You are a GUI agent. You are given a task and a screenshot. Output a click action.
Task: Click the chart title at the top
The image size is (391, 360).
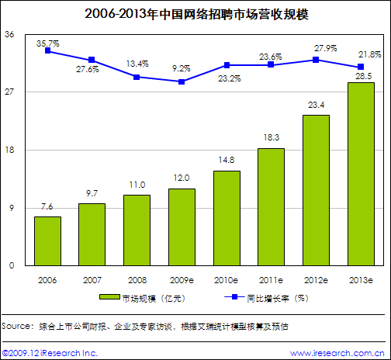(x=195, y=13)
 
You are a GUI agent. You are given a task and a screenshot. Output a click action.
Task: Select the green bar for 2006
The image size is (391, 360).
(x=47, y=241)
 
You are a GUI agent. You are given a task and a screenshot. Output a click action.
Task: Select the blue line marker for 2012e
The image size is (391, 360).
(x=316, y=60)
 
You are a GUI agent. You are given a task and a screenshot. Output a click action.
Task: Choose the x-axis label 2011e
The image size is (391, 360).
(x=271, y=279)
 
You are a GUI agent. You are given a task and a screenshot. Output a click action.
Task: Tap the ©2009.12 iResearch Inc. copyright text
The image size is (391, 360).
(x=50, y=352)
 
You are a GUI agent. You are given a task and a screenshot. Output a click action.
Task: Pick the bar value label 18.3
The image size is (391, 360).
(x=271, y=138)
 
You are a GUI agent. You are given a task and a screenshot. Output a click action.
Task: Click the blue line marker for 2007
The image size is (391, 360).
(x=92, y=60)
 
